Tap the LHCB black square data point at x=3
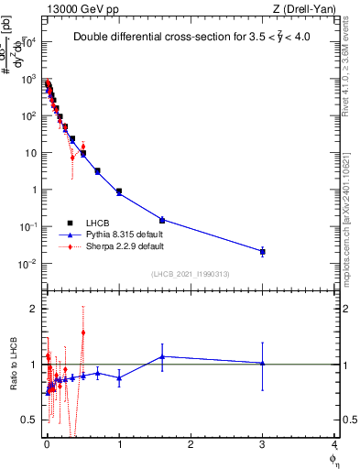click(x=263, y=251)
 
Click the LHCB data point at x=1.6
click(x=162, y=220)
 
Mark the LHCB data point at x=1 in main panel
click(x=119, y=191)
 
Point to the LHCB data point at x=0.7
click(x=97, y=171)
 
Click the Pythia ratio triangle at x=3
click(x=263, y=363)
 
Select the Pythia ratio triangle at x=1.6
click(x=162, y=356)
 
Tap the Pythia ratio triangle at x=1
click(x=119, y=377)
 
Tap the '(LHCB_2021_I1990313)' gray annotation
click(x=191, y=274)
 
